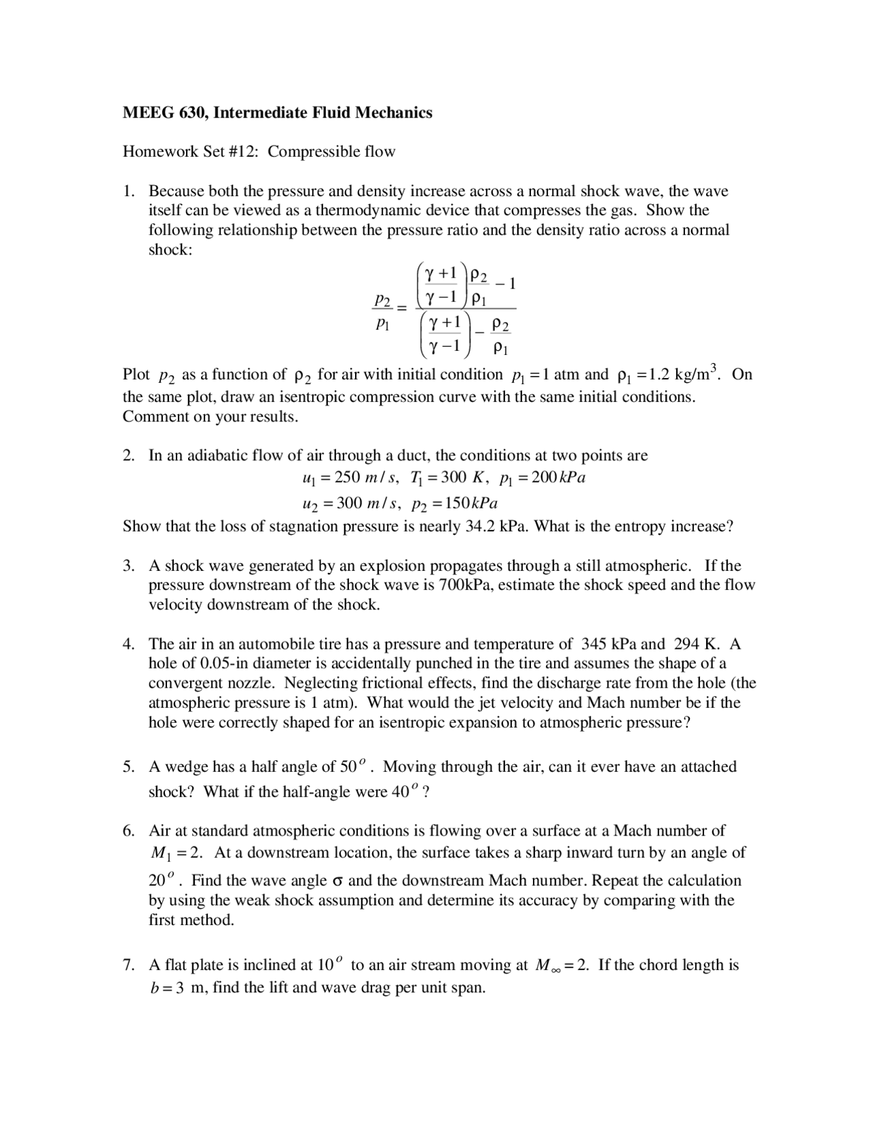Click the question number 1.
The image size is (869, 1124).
click(128, 191)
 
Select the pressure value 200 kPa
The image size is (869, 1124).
click(558, 478)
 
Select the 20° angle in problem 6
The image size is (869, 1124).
click(161, 880)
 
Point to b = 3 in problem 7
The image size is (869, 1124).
click(167, 988)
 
